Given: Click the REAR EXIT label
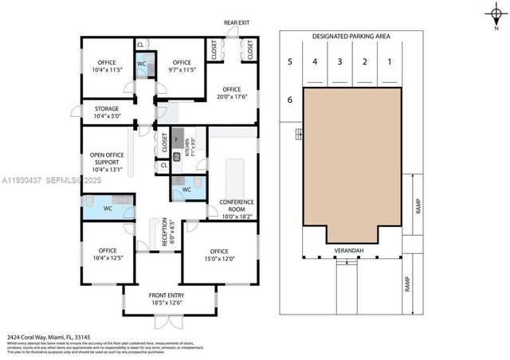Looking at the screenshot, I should pyautogui.click(x=236, y=22).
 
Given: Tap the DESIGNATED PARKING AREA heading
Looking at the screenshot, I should pyautogui.click(x=350, y=37).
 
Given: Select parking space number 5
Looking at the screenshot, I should pyautogui.click(x=290, y=61).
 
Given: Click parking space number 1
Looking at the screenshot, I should pyautogui.click(x=390, y=61).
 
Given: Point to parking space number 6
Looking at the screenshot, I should pyautogui.click(x=290, y=100).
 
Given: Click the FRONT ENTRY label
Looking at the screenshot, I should pyautogui.click(x=168, y=298).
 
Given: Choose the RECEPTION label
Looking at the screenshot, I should pyautogui.click(x=166, y=233).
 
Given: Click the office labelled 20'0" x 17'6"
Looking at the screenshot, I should pyautogui.click(x=231, y=93).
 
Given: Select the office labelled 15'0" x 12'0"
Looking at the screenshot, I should pyautogui.click(x=219, y=255).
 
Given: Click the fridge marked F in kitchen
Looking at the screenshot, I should pyautogui.click(x=178, y=135).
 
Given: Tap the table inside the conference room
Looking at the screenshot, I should pyautogui.click(x=236, y=177).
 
